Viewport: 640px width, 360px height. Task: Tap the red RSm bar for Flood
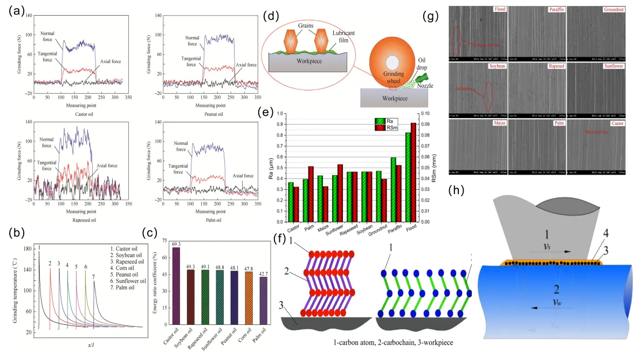[x=414, y=172]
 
